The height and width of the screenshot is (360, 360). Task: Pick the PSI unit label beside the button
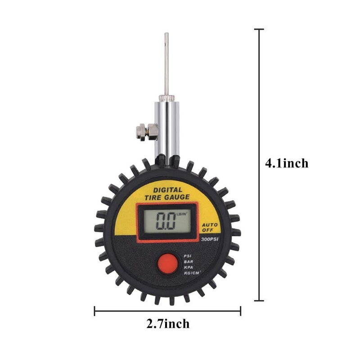click(x=188, y=256)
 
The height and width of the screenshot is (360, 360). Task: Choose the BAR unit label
click(x=188, y=261)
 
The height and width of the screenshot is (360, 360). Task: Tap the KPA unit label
click(x=188, y=267)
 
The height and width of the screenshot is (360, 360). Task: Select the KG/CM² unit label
click(x=191, y=274)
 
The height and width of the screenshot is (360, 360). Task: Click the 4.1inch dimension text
click(x=287, y=163)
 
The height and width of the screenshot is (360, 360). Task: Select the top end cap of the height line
click(x=259, y=29)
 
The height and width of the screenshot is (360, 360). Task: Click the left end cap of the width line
click(x=94, y=310)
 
